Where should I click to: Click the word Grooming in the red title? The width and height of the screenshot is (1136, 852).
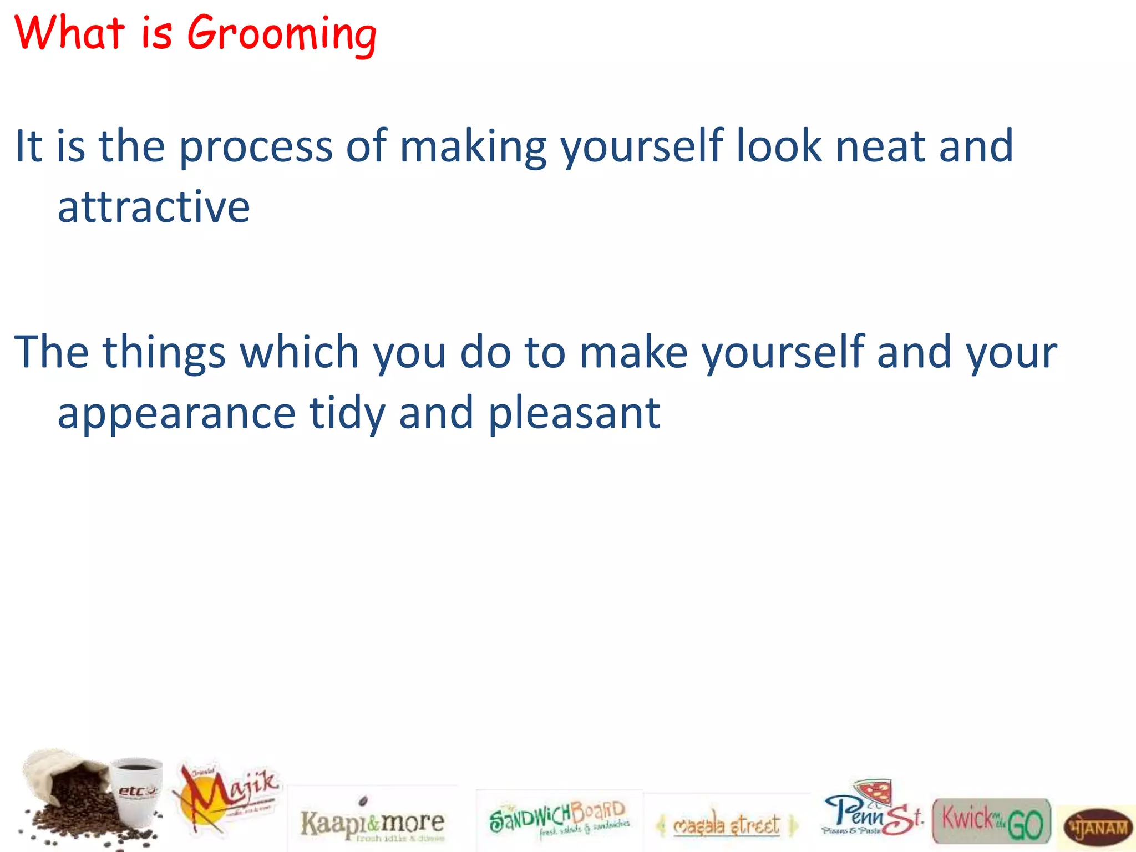click(x=282, y=34)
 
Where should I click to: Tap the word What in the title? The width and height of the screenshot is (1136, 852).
click(x=69, y=33)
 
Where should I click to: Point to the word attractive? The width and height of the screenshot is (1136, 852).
click(x=154, y=207)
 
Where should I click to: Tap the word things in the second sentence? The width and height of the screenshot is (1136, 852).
click(x=164, y=353)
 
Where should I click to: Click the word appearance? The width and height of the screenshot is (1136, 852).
click(x=176, y=414)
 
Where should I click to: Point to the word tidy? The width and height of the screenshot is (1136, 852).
click(x=347, y=414)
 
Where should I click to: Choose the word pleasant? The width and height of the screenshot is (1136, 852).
click(x=574, y=414)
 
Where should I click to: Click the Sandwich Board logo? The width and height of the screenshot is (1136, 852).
click(x=559, y=819)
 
